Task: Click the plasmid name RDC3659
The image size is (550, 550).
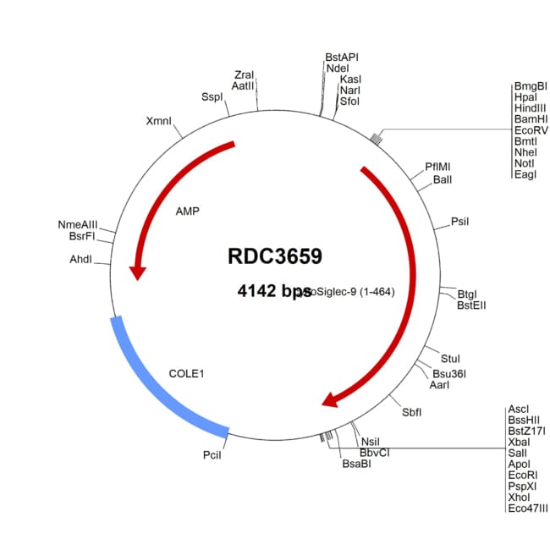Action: [x=274, y=256]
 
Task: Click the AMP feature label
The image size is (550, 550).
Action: [x=187, y=211]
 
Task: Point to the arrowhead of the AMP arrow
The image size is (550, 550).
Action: [x=137, y=272]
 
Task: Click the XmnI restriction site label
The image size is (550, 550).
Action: [x=159, y=121]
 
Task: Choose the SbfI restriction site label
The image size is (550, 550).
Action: [x=412, y=412]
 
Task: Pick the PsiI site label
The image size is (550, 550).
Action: [x=460, y=222]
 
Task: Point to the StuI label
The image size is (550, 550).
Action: [x=450, y=360]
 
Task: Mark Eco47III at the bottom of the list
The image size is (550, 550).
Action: [x=527, y=509]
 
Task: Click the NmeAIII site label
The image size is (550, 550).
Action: [x=78, y=224]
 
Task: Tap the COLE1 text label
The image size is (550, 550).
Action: [x=187, y=372]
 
